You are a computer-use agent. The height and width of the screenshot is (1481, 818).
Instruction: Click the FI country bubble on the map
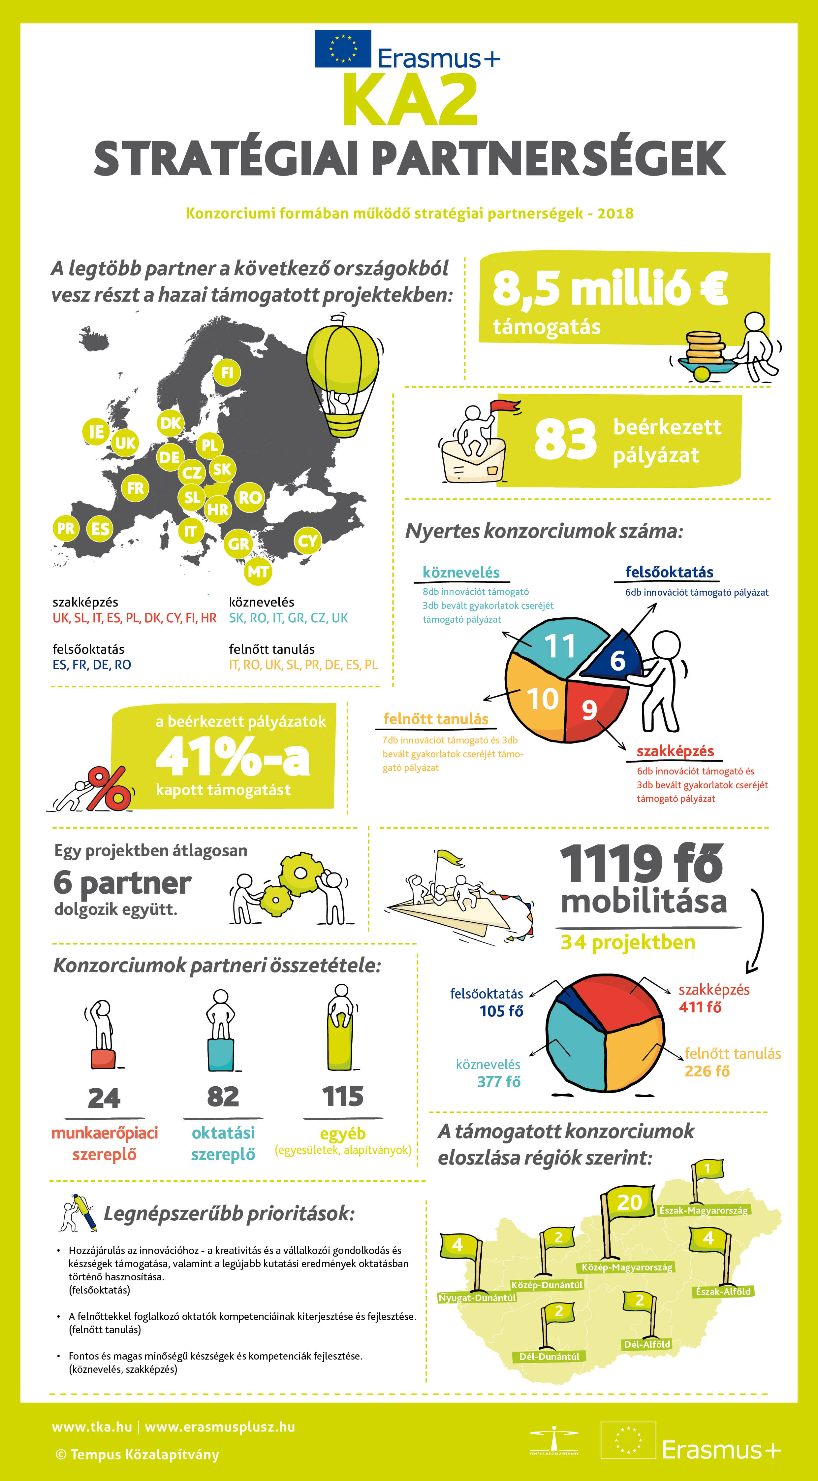pyautogui.click(x=227, y=373)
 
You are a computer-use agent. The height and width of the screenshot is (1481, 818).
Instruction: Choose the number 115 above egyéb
pyautogui.click(x=343, y=1096)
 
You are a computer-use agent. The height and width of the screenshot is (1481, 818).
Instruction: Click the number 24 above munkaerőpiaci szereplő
pyautogui.click(x=104, y=1098)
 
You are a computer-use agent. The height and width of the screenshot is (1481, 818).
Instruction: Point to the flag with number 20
pyautogui.click(x=629, y=1202)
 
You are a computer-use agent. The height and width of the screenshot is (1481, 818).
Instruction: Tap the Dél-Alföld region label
pyautogui.click(x=647, y=1344)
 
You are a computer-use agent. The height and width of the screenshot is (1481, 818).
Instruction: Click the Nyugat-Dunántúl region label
pyautogui.click(x=477, y=1298)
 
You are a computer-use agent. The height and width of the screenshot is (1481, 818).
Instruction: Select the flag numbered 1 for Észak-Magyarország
pyautogui.click(x=708, y=1168)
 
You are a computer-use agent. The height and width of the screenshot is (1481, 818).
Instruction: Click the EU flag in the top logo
pyautogui.click(x=343, y=49)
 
